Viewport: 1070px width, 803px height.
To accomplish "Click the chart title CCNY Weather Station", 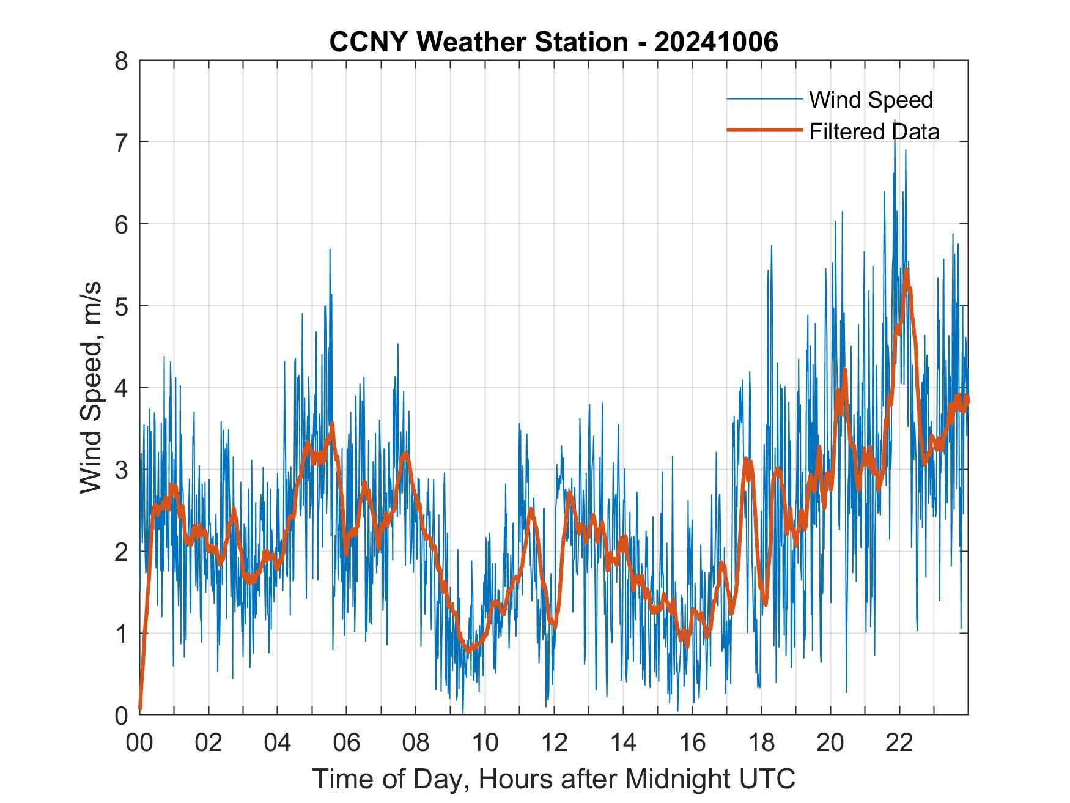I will tap(478, 42).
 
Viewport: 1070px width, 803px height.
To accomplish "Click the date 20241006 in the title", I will tap(716, 42).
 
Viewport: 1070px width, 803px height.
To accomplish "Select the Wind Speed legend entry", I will tap(870, 100).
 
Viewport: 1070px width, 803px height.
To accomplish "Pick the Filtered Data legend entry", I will tap(874, 131).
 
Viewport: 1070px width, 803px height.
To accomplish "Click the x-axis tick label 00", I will tap(139, 743).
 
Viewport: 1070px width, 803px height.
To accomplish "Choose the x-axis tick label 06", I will tap(347, 743).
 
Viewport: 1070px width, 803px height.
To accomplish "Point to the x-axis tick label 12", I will tap(554, 743).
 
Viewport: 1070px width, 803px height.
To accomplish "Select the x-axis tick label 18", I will tap(761, 743).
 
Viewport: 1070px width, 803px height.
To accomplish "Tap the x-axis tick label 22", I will tap(899, 743).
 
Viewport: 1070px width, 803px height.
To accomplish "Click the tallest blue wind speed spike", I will tap(895, 121).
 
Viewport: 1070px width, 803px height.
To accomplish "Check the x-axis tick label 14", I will tap(623, 743).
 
